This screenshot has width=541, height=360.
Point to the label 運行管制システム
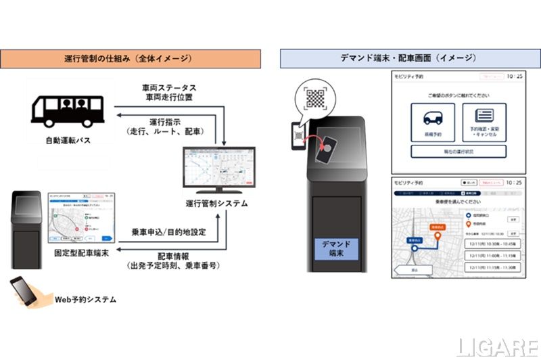(x=216, y=203)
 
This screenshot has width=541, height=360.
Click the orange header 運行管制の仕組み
(x=131, y=58)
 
